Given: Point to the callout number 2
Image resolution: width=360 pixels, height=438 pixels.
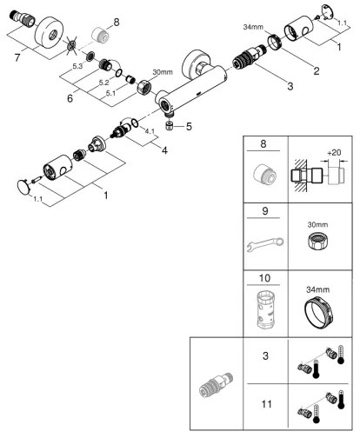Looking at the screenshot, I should point(317,70).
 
